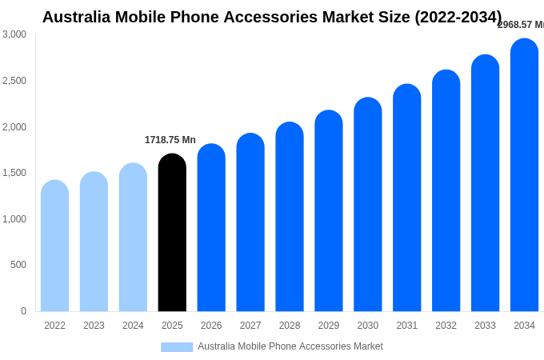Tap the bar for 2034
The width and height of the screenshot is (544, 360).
pos(524,175)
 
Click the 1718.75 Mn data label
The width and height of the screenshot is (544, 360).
pos(170,140)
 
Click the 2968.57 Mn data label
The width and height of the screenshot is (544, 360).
pos(521,25)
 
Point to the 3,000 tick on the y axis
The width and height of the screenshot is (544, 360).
pos(14,34)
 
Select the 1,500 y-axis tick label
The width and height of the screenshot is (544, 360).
pos(14,173)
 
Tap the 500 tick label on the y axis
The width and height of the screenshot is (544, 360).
pos(18,265)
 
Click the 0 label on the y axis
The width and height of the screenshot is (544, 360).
pos(23,311)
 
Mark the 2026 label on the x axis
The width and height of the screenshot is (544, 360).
pos(211,326)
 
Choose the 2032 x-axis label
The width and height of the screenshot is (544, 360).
pos(446,326)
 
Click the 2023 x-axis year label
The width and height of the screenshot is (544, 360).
pos(94,326)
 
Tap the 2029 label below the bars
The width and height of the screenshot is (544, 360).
pos(329,326)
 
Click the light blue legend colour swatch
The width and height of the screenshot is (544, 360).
pos(177,347)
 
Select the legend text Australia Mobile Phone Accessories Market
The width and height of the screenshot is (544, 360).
pos(290,346)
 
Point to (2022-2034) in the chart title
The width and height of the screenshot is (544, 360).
pos(458,17)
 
